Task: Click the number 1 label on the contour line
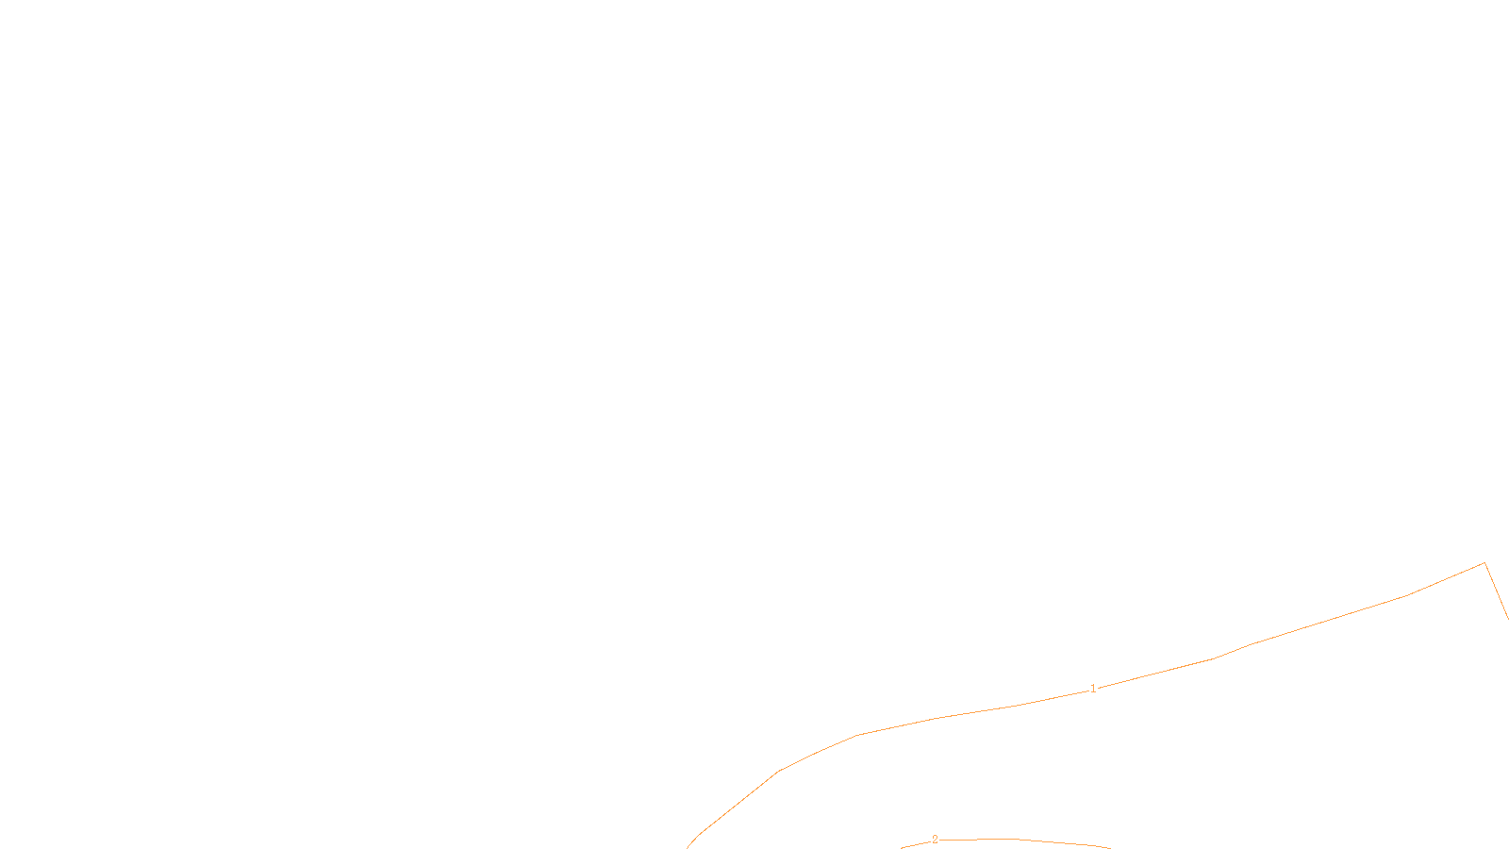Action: (1093, 689)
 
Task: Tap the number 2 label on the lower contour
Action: (935, 839)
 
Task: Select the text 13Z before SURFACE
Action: (715, 834)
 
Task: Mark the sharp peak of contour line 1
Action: (1484, 563)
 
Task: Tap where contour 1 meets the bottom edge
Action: (688, 847)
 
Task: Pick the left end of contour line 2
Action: (903, 847)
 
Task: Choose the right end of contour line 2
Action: (1110, 847)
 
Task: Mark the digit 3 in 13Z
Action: (715, 834)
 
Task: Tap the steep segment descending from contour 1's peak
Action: (1496, 589)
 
